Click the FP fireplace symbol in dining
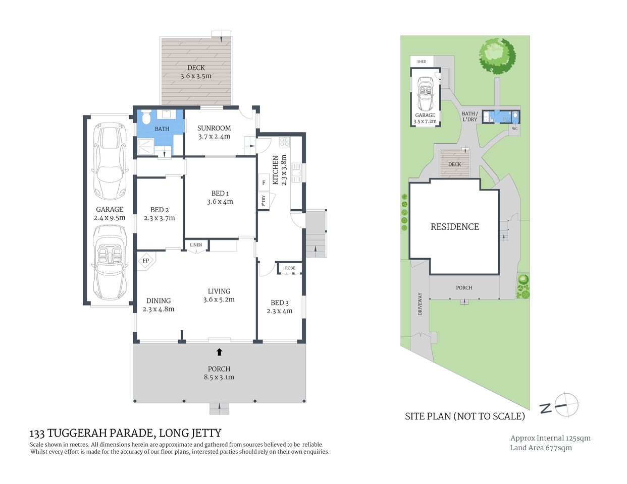pyautogui.click(x=146, y=261)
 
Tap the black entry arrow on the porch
pyautogui.click(x=219, y=351)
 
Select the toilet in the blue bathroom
pyautogui.click(x=146, y=118)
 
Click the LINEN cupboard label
pyautogui.click(x=196, y=245)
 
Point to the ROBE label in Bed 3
pyautogui.click(x=290, y=268)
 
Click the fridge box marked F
pyautogui.click(x=264, y=183)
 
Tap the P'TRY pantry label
pyautogui.click(x=264, y=201)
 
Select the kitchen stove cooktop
pyautogui.click(x=284, y=142)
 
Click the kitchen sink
pyautogui.click(x=296, y=172)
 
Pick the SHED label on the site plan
pyautogui.click(x=422, y=62)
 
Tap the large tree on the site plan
pyautogui.click(x=497, y=55)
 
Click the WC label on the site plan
pyautogui.click(x=514, y=129)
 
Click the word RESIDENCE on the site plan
pyautogui.click(x=454, y=227)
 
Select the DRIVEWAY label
pyautogui.click(x=420, y=304)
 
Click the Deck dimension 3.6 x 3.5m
pyautogui.click(x=196, y=76)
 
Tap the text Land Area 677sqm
pyautogui.click(x=541, y=448)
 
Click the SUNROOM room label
pyautogui.click(x=214, y=128)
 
